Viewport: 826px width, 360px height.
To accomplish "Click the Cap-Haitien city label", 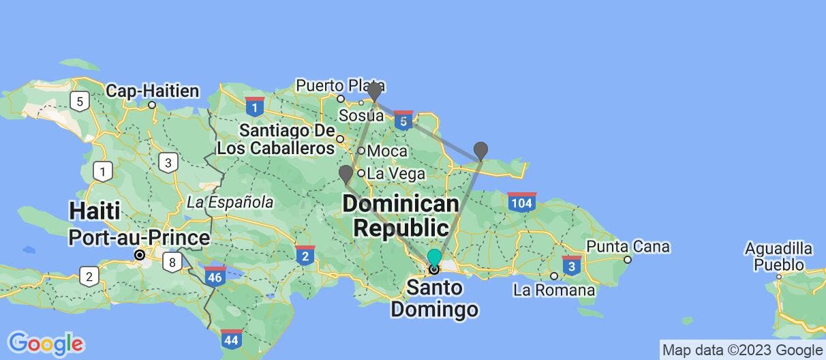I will coord(153,91).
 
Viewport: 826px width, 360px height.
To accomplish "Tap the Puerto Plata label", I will coord(340,85).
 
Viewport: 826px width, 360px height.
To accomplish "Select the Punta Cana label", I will coord(628,246).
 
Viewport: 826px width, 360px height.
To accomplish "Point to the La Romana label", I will coord(554,290).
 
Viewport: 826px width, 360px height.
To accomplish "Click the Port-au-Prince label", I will coord(139,238).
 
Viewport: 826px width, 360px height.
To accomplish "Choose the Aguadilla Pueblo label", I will coord(778,256).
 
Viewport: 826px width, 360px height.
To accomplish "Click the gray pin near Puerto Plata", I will coord(373,91).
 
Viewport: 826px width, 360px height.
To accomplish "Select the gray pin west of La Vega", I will coord(346,174).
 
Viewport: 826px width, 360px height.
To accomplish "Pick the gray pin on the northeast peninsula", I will coord(480,150).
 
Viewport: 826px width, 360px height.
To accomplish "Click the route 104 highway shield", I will coord(521,202).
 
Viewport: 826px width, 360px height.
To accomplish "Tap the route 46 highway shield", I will coord(215,277).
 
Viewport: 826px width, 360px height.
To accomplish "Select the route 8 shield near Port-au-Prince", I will coord(173,261).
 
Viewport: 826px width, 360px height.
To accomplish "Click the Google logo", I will coord(46,343).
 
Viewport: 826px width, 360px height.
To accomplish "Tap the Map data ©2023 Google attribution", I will coord(742,350).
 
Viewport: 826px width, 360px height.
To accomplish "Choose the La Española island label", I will coord(230,202).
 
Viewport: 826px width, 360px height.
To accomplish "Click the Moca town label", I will coord(386,151).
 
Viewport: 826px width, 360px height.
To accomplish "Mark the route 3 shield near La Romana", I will coord(572,265).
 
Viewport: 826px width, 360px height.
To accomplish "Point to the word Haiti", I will coord(94,211).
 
